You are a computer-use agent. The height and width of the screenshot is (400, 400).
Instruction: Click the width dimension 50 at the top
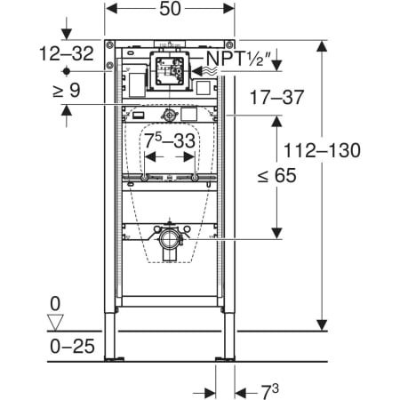(170, 9)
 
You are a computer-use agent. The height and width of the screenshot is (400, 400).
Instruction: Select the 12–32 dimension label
(67, 53)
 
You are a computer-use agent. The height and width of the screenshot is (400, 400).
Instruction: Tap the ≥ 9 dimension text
(67, 90)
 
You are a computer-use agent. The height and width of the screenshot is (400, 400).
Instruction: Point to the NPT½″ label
(238, 59)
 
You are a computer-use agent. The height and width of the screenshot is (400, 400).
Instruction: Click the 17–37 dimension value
(277, 98)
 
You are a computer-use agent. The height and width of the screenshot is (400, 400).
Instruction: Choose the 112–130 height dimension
(323, 150)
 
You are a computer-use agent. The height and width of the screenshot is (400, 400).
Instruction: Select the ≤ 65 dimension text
(276, 175)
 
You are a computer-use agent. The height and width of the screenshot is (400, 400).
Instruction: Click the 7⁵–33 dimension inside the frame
(170, 140)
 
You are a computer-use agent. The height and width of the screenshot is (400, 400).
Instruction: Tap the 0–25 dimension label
(72, 346)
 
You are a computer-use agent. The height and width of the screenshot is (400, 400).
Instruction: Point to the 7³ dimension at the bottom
(270, 392)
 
